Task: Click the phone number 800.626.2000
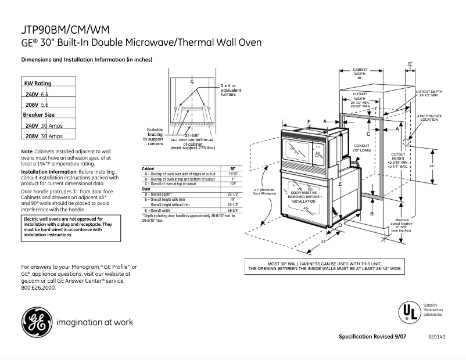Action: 38,288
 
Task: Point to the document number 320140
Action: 436,337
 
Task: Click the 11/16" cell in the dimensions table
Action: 233,174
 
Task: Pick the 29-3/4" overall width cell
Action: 233,210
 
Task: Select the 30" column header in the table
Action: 233,168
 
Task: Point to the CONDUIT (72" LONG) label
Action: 361,148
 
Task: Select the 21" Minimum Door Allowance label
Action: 263,191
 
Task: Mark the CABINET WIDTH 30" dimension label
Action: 360,73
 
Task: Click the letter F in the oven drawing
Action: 309,121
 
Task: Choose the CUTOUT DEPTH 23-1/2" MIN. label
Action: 431,93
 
